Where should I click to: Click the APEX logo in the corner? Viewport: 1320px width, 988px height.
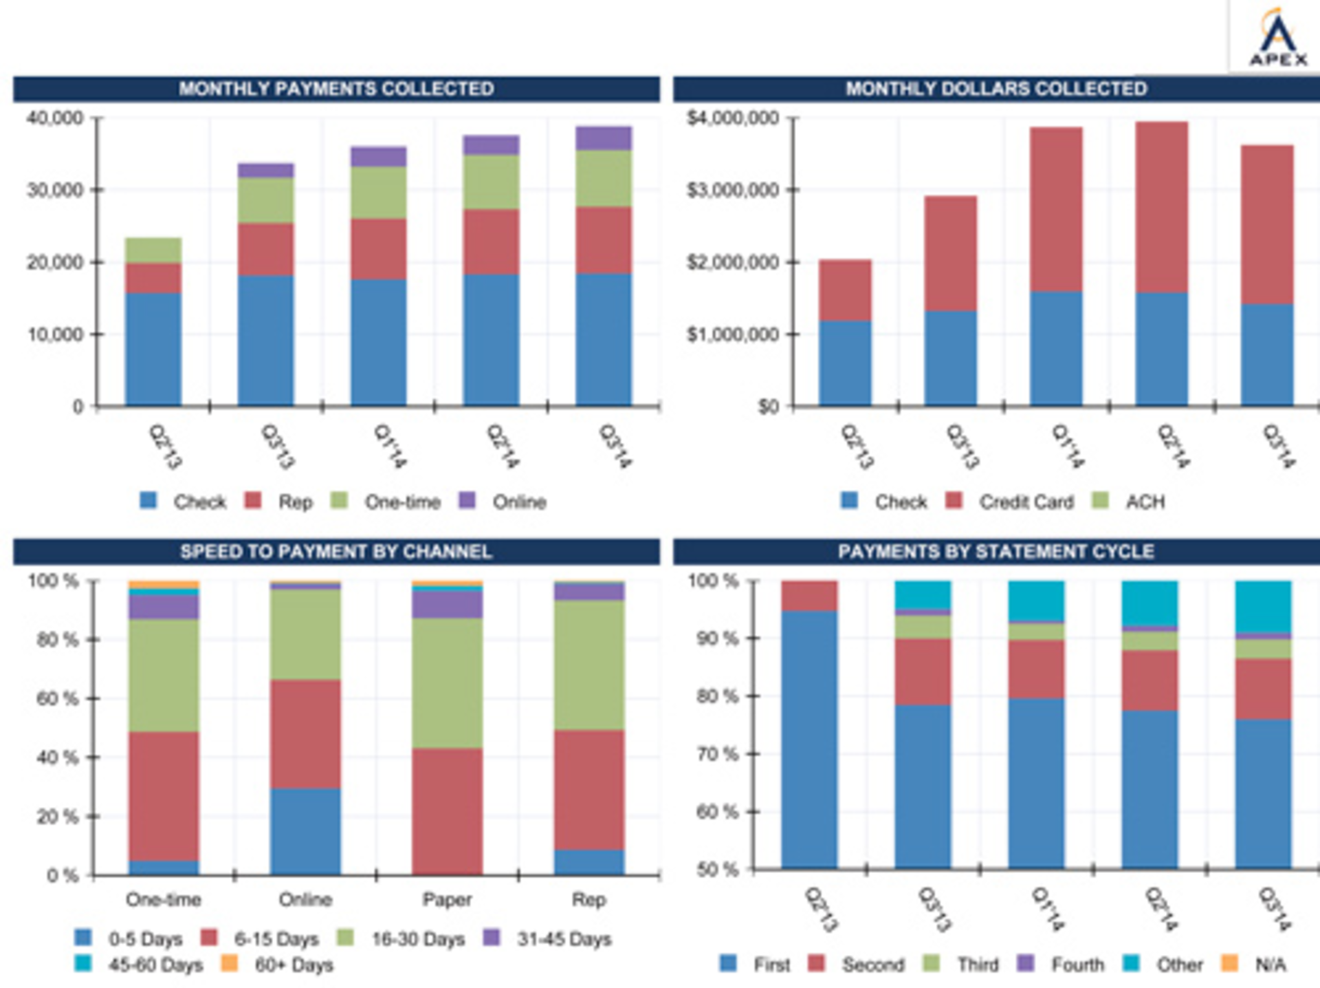pos(1277,38)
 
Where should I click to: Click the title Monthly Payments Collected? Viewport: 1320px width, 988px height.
pos(336,89)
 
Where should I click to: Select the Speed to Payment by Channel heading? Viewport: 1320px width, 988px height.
pos(336,552)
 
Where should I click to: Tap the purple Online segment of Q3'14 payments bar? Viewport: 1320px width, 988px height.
pos(603,138)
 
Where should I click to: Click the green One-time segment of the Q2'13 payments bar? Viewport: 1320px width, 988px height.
pos(153,250)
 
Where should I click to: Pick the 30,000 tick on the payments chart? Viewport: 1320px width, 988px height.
pos(54,190)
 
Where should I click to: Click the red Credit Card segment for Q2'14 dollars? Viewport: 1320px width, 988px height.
pos(1161,206)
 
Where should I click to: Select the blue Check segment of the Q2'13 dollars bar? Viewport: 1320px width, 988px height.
pos(845,363)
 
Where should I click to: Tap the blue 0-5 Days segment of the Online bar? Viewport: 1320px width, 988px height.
pos(305,831)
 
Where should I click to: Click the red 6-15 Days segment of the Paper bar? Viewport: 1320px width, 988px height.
pos(447,812)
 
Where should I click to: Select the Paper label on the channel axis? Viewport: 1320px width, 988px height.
pos(447,900)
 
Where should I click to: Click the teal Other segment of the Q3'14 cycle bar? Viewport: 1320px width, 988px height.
pos(1263,606)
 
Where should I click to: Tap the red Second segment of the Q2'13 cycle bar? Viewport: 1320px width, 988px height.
pos(809,596)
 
